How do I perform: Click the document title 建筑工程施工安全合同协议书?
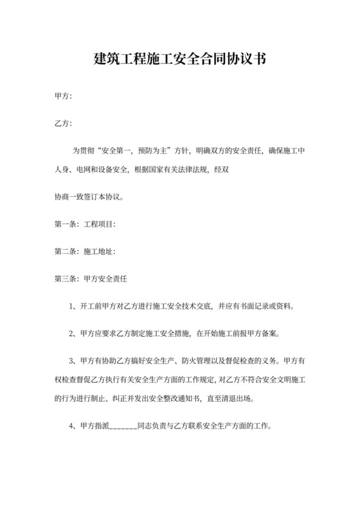(x=180, y=59)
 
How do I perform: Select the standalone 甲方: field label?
(x=63, y=96)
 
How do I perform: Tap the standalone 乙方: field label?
(x=63, y=123)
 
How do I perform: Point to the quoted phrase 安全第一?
(x=116, y=152)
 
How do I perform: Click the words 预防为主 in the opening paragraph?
(x=152, y=152)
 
